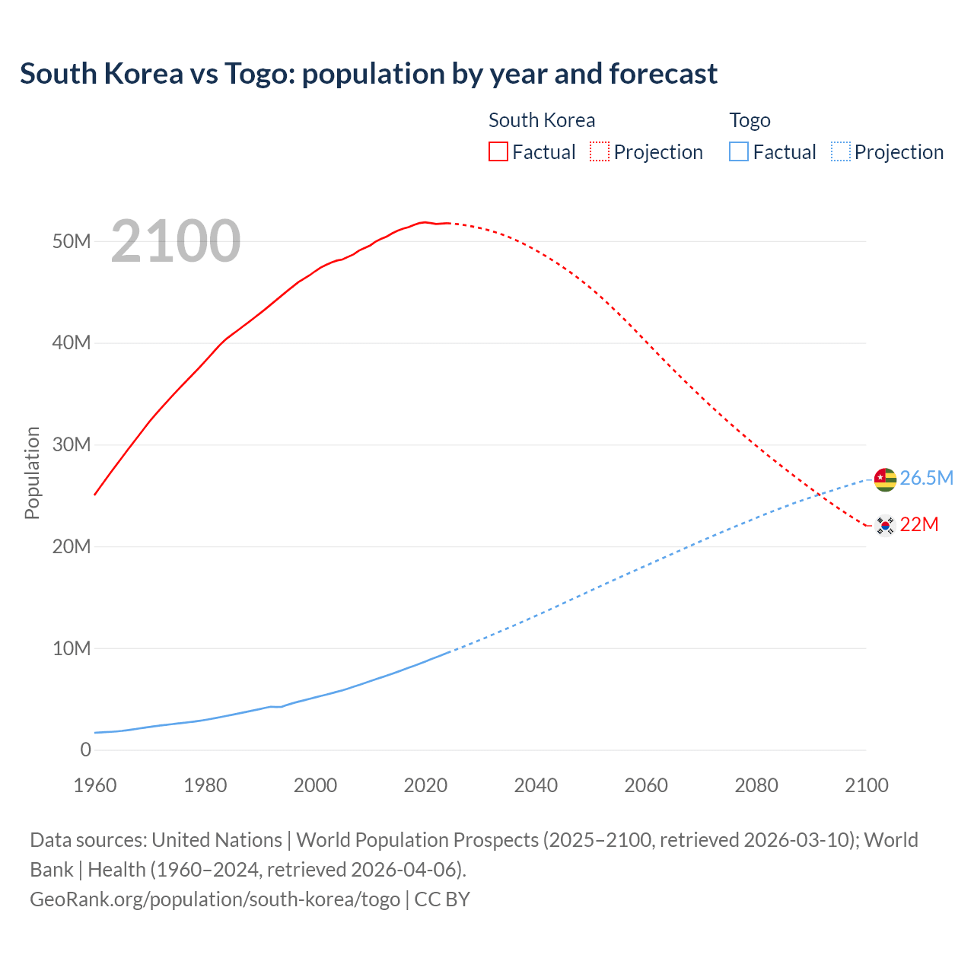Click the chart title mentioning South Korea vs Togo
tap(368, 74)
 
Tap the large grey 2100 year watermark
tap(176, 241)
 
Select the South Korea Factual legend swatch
tap(498, 151)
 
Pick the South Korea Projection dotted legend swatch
tap(600, 151)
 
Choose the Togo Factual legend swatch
tap(739, 151)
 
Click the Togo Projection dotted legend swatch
tap(841, 151)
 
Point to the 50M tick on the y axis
tap(72, 241)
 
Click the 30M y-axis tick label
tap(72, 444)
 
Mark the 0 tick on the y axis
tap(85, 750)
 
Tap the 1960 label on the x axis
tap(95, 785)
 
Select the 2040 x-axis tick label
tap(536, 785)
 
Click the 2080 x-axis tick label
tap(756, 785)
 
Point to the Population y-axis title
tap(32, 473)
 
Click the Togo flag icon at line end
tap(885, 479)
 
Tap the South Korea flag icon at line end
tap(885, 525)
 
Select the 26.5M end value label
tap(926, 478)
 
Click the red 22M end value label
tap(919, 525)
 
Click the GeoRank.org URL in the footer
tap(215, 899)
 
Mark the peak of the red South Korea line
tap(425, 222)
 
